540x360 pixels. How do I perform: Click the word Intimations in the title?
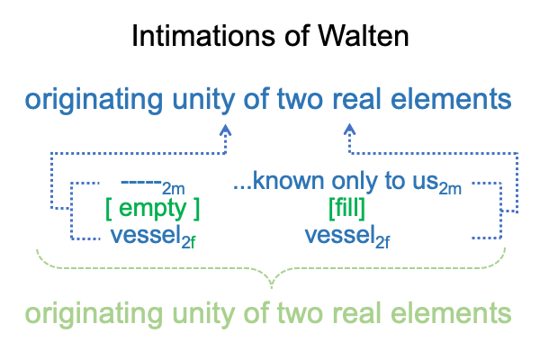click(203, 35)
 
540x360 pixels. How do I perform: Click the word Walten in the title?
click(363, 35)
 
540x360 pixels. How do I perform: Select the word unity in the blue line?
click(203, 100)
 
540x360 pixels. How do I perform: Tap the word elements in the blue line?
click(451, 99)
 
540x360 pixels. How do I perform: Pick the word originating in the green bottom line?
click(94, 314)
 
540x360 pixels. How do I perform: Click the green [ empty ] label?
click(153, 209)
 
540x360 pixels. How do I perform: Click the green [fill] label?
click(346, 208)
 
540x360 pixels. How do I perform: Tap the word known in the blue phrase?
click(289, 181)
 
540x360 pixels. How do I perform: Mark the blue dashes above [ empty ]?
click(141, 181)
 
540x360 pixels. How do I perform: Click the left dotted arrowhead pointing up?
click(226, 130)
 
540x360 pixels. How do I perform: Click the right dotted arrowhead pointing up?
click(349, 130)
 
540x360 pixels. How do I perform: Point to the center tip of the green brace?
click(272, 286)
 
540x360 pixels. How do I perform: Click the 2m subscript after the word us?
click(450, 189)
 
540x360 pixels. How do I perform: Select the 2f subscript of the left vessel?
click(188, 243)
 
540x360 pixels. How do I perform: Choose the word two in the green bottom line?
click(299, 313)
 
